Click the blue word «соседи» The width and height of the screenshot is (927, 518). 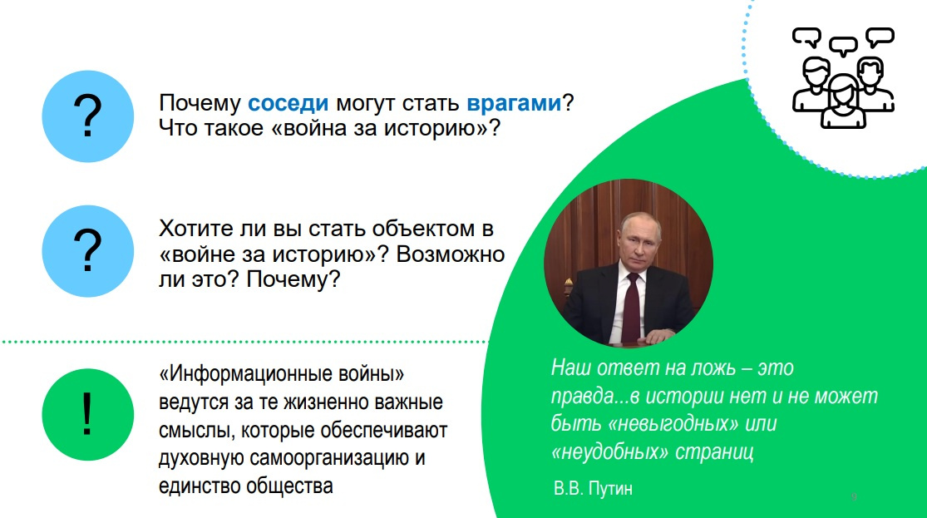pyautogui.click(x=288, y=103)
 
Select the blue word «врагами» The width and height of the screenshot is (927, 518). pyautogui.click(x=514, y=104)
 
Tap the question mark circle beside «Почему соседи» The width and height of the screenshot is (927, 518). pyautogui.click(x=88, y=116)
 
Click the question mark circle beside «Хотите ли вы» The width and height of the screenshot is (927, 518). pyautogui.click(x=88, y=251)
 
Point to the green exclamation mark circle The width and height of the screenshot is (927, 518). pyautogui.click(x=88, y=415)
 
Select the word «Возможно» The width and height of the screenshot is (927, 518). pyautogui.click(x=451, y=254)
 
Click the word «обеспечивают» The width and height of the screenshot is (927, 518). pyautogui.click(x=384, y=431)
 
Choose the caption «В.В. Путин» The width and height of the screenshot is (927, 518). pyautogui.click(x=593, y=488)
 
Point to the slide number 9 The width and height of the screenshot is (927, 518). pyautogui.click(x=854, y=496)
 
